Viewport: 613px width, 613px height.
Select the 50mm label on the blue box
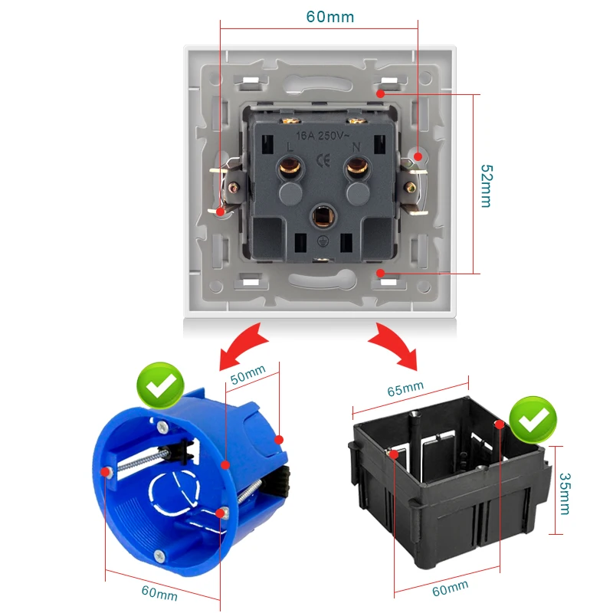(247, 376)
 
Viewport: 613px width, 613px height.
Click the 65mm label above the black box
(405, 388)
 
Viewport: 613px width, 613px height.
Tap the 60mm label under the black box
(451, 588)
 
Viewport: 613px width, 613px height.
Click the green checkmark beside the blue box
(161, 387)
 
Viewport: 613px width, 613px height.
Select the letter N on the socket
(356, 146)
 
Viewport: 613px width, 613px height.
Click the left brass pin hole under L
(290, 165)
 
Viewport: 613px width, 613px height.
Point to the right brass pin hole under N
(355, 165)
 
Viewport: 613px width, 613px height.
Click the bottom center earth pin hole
(323, 218)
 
